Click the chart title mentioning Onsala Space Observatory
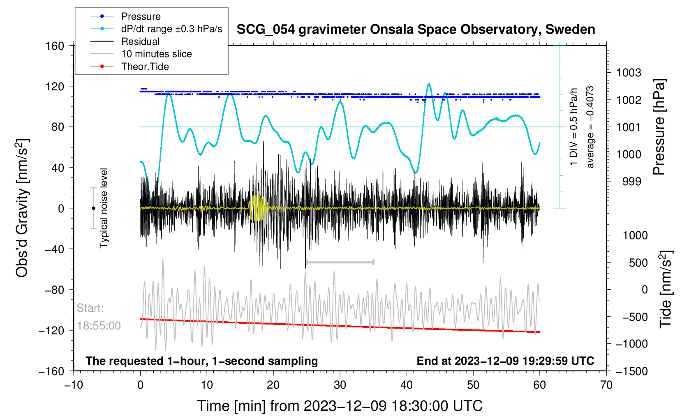(x=416, y=30)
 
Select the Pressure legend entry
(x=141, y=16)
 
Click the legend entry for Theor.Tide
(x=145, y=67)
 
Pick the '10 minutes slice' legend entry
(x=156, y=54)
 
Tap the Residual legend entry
(x=140, y=41)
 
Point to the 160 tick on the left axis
(x=55, y=46)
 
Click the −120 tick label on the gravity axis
(x=52, y=330)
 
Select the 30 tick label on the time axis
(x=340, y=385)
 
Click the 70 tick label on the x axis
(x=606, y=385)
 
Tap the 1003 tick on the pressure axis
(x=629, y=73)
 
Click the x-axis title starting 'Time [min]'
(x=340, y=406)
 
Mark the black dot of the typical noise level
(x=93, y=208)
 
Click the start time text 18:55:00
(x=99, y=326)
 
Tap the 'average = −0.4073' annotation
(x=590, y=127)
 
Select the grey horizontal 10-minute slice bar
(x=340, y=262)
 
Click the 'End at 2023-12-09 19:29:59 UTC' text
(x=505, y=361)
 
